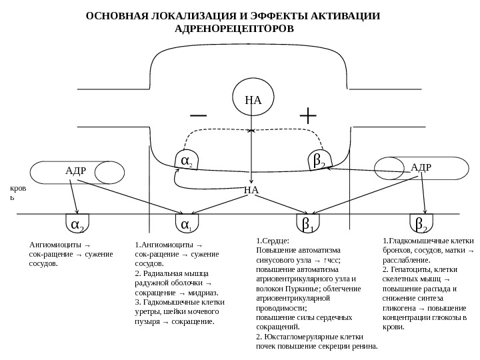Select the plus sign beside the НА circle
coord(308,115)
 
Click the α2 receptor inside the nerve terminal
coord(187,160)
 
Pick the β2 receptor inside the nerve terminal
coord(319,160)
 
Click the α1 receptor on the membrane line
coord(187,223)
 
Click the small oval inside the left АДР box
coord(109,172)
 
